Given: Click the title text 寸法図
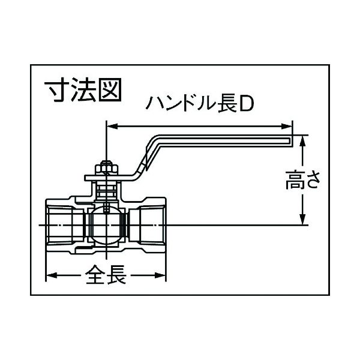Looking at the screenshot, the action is pyautogui.click(x=82, y=89).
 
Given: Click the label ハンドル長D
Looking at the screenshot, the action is pyautogui.click(x=200, y=104).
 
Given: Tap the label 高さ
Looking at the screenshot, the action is pyautogui.click(x=302, y=180).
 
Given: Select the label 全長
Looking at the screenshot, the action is pyautogui.click(x=106, y=275).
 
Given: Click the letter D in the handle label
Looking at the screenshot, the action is pyautogui.click(x=247, y=104).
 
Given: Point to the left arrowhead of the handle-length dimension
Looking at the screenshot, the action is pyautogui.click(x=113, y=126).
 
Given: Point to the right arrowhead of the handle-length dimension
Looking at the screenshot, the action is pyautogui.click(x=287, y=126).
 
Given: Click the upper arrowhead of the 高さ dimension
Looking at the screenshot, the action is pyautogui.click(x=303, y=141).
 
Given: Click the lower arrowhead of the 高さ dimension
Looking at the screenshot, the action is pyautogui.click(x=303, y=219).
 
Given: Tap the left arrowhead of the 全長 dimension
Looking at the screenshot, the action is pyautogui.click(x=52, y=275).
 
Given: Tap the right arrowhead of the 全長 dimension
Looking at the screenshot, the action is pyautogui.click(x=160, y=275).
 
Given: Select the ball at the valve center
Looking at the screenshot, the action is pyautogui.click(x=106, y=225).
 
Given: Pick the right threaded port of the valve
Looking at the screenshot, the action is pyautogui.click(x=147, y=225).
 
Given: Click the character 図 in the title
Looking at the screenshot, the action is pyautogui.click(x=110, y=89).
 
